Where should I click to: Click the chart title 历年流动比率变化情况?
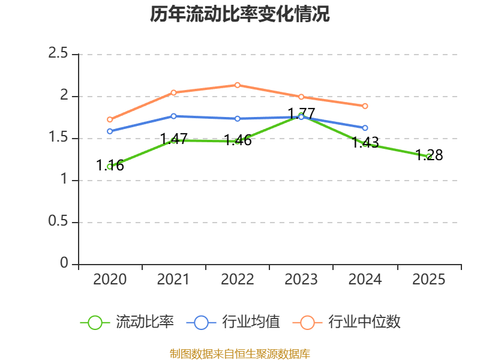239,14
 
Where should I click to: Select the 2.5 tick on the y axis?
58,53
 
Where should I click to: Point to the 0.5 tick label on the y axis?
58,221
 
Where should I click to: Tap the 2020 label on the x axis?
110,279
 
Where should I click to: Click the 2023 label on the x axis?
301,279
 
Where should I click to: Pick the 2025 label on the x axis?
428,279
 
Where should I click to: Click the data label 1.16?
110,166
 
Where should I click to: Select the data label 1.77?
302,113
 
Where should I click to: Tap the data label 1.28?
429,155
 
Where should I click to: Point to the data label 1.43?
365,142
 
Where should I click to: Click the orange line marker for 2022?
238,85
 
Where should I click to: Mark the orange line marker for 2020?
110,119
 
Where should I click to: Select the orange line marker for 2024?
365,106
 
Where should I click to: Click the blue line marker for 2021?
173,116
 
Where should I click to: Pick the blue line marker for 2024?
365,128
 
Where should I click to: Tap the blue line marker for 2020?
110,131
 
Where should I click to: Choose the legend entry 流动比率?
127,322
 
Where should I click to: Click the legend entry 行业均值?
233,322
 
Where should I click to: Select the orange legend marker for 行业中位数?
307,323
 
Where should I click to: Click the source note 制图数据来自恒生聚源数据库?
240,354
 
